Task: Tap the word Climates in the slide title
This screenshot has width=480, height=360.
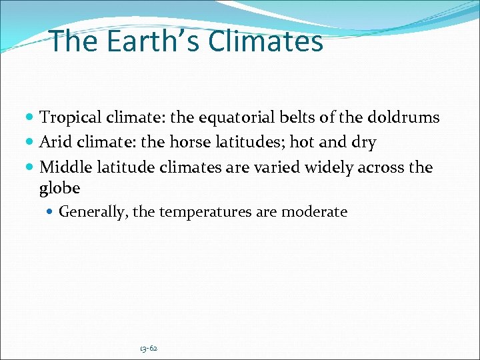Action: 265,41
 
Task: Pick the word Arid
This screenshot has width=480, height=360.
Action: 54,142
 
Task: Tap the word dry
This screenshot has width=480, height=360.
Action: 363,143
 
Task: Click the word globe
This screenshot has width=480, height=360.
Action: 59,188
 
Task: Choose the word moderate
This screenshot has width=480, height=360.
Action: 314,213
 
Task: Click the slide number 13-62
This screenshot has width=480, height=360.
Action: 149,348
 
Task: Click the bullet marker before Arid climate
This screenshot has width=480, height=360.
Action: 31,143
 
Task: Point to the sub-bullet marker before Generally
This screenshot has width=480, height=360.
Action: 51,213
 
